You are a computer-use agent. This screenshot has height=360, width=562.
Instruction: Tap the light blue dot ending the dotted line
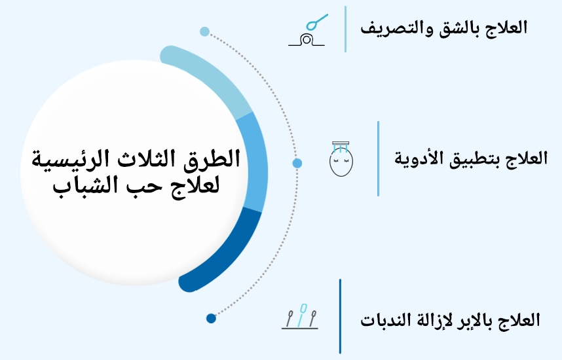click(204, 31)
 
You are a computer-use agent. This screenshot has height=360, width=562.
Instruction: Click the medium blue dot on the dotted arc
click(297, 163)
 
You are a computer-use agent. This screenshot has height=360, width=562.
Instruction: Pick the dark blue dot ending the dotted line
click(211, 319)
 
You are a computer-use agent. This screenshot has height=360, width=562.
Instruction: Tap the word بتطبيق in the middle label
click(474, 158)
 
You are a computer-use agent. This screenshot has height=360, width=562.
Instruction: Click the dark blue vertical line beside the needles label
click(340, 316)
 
